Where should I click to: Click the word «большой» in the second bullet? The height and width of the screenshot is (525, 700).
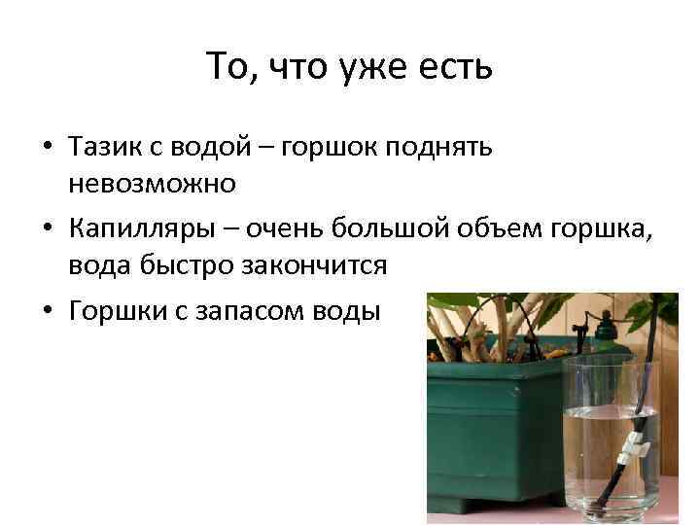tap(374, 230)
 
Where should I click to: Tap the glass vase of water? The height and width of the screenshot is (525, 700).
tap(612, 437)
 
